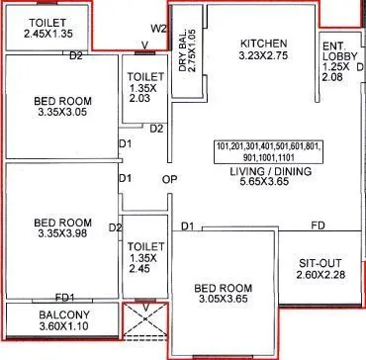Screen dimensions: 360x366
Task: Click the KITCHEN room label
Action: pos(263,44)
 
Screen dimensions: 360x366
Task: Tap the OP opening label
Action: pos(169,179)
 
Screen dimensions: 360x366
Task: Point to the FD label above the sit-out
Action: pos(319,226)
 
